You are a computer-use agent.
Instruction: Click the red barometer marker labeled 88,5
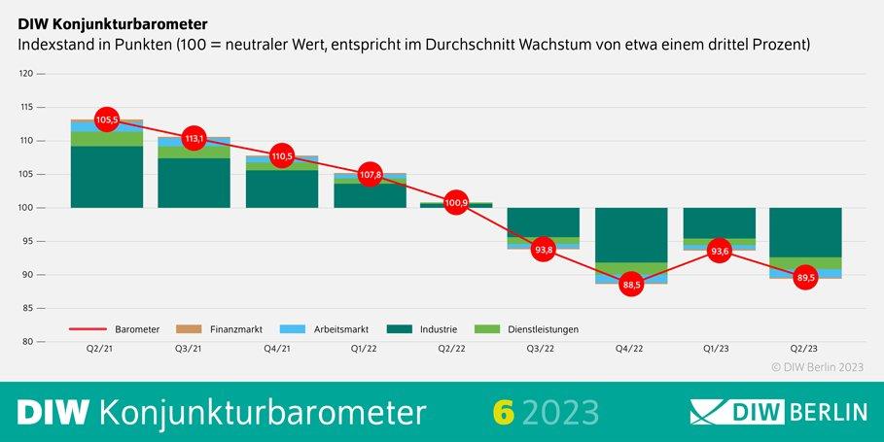pyautogui.click(x=631, y=285)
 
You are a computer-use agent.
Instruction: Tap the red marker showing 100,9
pyautogui.click(x=456, y=203)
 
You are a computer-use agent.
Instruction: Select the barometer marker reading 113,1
pyautogui.click(x=194, y=139)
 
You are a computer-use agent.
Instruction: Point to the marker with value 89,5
pyautogui.click(x=805, y=277)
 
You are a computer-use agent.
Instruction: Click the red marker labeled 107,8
pyautogui.click(x=369, y=176)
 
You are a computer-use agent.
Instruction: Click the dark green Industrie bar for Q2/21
pyautogui.click(x=107, y=177)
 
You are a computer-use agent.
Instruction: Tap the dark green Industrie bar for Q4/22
pyautogui.click(x=631, y=234)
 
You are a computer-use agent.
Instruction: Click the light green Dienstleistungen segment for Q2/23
pyautogui.click(x=805, y=262)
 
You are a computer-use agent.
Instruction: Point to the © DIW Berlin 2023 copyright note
pyautogui.click(x=817, y=367)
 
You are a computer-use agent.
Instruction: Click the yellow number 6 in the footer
pyautogui.click(x=502, y=412)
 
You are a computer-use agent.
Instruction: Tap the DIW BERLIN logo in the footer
pyautogui.click(x=778, y=412)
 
